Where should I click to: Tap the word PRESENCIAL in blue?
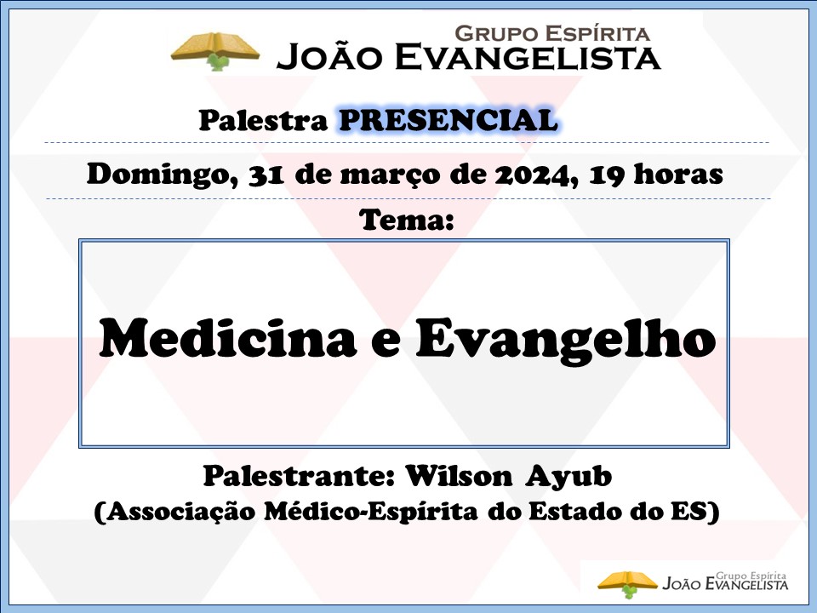click(448, 120)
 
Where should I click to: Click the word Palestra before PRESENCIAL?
click(263, 120)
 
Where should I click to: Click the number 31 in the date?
click(266, 175)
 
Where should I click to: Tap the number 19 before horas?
click(607, 175)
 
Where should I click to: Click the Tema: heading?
click(407, 221)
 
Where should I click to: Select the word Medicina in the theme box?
click(228, 338)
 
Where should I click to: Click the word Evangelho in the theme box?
click(566, 341)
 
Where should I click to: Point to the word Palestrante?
click(299, 476)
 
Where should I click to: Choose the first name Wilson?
click(459, 476)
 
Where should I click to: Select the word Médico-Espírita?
click(370, 512)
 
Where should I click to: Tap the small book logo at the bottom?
click(627, 584)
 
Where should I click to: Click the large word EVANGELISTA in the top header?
click(528, 57)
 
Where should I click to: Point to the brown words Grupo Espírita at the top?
click(552, 33)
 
